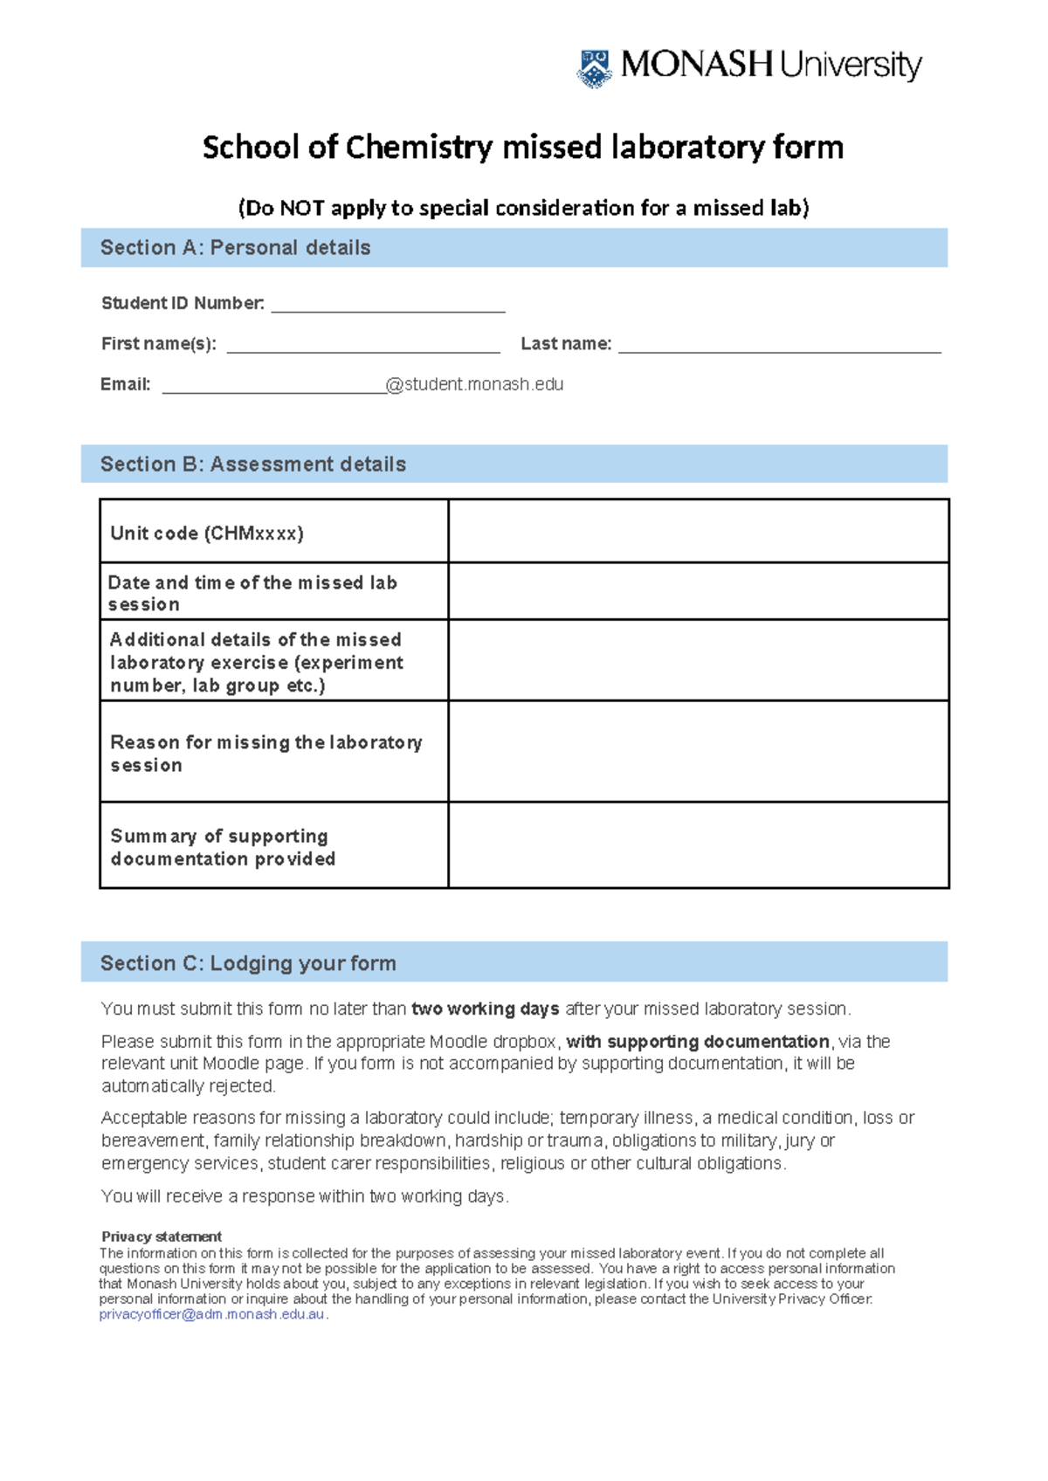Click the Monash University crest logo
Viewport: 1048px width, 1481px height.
click(x=595, y=68)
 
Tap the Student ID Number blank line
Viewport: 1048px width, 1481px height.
click(x=388, y=305)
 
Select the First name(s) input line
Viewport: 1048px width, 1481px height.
click(x=362, y=346)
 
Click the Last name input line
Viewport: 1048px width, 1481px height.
click(x=779, y=346)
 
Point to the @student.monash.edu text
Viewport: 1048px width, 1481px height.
click(x=474, y=384)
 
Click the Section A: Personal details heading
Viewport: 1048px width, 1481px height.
click(x=235, y=248)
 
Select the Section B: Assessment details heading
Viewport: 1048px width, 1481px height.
click(x=253, y=465)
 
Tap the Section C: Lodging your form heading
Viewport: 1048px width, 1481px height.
click(x=248, y=963)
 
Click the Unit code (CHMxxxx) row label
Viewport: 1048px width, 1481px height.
click(x=207, y=534)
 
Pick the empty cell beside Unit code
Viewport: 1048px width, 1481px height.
click(x=698, y=531)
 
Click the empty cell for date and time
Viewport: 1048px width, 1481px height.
click(x=698, y=591)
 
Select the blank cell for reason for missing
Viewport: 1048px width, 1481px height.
click(x=698, y=751)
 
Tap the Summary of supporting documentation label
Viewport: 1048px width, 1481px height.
click(x=223, y=848)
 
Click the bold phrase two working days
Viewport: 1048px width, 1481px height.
click(x=485, y=1009)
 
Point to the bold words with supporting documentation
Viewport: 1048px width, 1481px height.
click(x=697, y=1042)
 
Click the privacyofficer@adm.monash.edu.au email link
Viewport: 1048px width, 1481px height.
click(x=212, y=1314)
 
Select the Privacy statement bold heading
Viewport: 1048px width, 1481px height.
click(x=162, y=1236)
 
